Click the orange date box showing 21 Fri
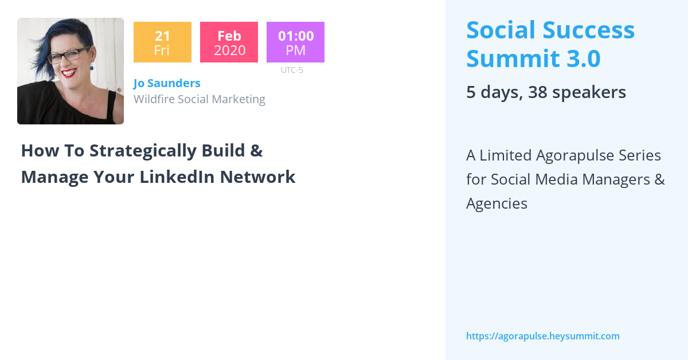point(162,42)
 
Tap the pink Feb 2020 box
point(229,42)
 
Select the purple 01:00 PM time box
point(295,42)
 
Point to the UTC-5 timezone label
point(292,70)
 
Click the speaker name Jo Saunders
point(167,83)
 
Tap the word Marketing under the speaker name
point(239,100)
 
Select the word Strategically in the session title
point(143,151)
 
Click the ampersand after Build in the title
point(256,151)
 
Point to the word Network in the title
point(257,177)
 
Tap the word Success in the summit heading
point(588,30)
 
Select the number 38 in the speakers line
point(538,92)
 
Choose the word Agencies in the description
point(497,204)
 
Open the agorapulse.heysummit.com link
point(543,336)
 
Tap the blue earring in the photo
point(92,67)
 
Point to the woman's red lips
point(69,73)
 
